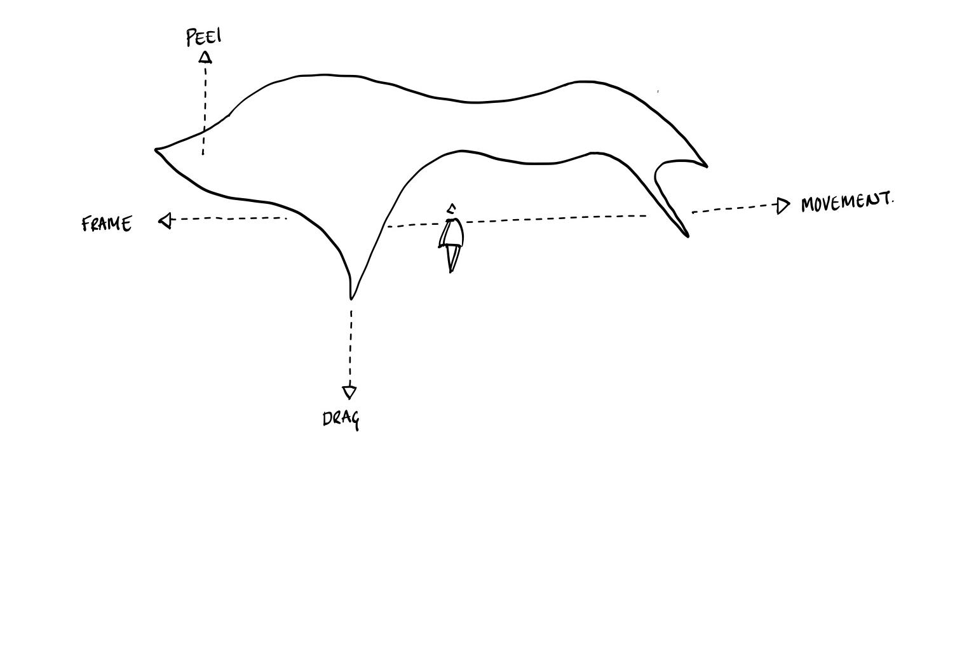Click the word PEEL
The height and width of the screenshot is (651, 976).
204,37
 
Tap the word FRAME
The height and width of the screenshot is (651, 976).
107,224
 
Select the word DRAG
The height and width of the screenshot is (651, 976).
341,419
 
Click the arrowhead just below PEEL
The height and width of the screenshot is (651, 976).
205,58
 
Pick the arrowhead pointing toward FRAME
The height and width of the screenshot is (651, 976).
166,220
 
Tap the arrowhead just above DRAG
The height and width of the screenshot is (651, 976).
349,391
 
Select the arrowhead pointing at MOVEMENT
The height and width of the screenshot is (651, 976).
783,206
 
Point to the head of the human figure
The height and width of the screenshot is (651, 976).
451,209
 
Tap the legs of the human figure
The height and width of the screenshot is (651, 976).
452,258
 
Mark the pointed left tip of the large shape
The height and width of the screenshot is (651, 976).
157,150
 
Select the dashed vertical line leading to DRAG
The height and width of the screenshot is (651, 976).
350,346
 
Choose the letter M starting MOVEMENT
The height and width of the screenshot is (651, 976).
809,205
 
